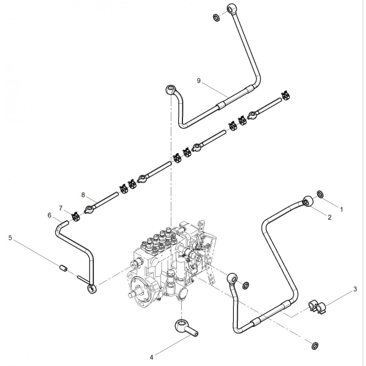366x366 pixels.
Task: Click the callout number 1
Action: (342, 210)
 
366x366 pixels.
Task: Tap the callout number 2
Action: (329, 217)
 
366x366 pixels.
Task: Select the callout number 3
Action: (355, 289)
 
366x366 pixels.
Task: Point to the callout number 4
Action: (151, 357)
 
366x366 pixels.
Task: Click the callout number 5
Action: (10, 238)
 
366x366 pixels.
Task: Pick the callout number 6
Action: (49, 215)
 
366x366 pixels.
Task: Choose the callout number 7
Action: (60, 208)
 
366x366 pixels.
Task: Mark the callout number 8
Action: (83, 195)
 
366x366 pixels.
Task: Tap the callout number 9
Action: (199, 81)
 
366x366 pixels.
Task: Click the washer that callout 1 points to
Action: (320, 194)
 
